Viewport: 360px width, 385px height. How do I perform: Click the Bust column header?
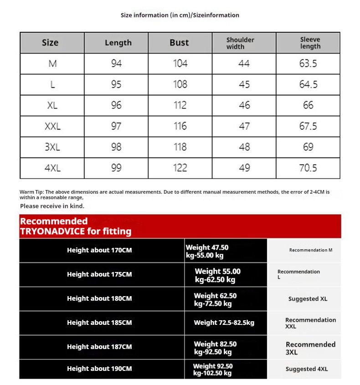point(179,43)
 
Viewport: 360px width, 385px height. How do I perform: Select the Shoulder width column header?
point(240,43)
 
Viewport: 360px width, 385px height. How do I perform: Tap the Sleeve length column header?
point(310,43)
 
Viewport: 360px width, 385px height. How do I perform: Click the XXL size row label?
point(52,126)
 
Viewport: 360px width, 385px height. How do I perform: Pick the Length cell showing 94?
point(116,63)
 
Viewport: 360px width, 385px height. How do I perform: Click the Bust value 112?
point(180,105)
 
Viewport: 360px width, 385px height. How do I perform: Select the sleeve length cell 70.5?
point(308,168)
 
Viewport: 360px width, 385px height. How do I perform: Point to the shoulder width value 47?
point(244,126)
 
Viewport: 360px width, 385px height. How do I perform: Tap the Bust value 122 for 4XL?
point(180,168)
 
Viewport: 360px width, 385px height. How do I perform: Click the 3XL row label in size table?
point(52,147)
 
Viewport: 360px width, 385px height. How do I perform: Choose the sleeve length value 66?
point(308,105)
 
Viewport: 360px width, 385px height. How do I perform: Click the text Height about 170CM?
point(99,250)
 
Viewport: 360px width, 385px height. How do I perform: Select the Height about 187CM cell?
point(99,347)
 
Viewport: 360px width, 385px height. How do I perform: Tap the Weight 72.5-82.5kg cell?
point(224,323)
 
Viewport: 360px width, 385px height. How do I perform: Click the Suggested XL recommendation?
point(308,299)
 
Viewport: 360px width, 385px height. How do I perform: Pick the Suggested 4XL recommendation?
point(307,369)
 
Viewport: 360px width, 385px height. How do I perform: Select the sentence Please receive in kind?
point(52,206)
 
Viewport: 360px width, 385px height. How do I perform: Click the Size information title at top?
point(180,15)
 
